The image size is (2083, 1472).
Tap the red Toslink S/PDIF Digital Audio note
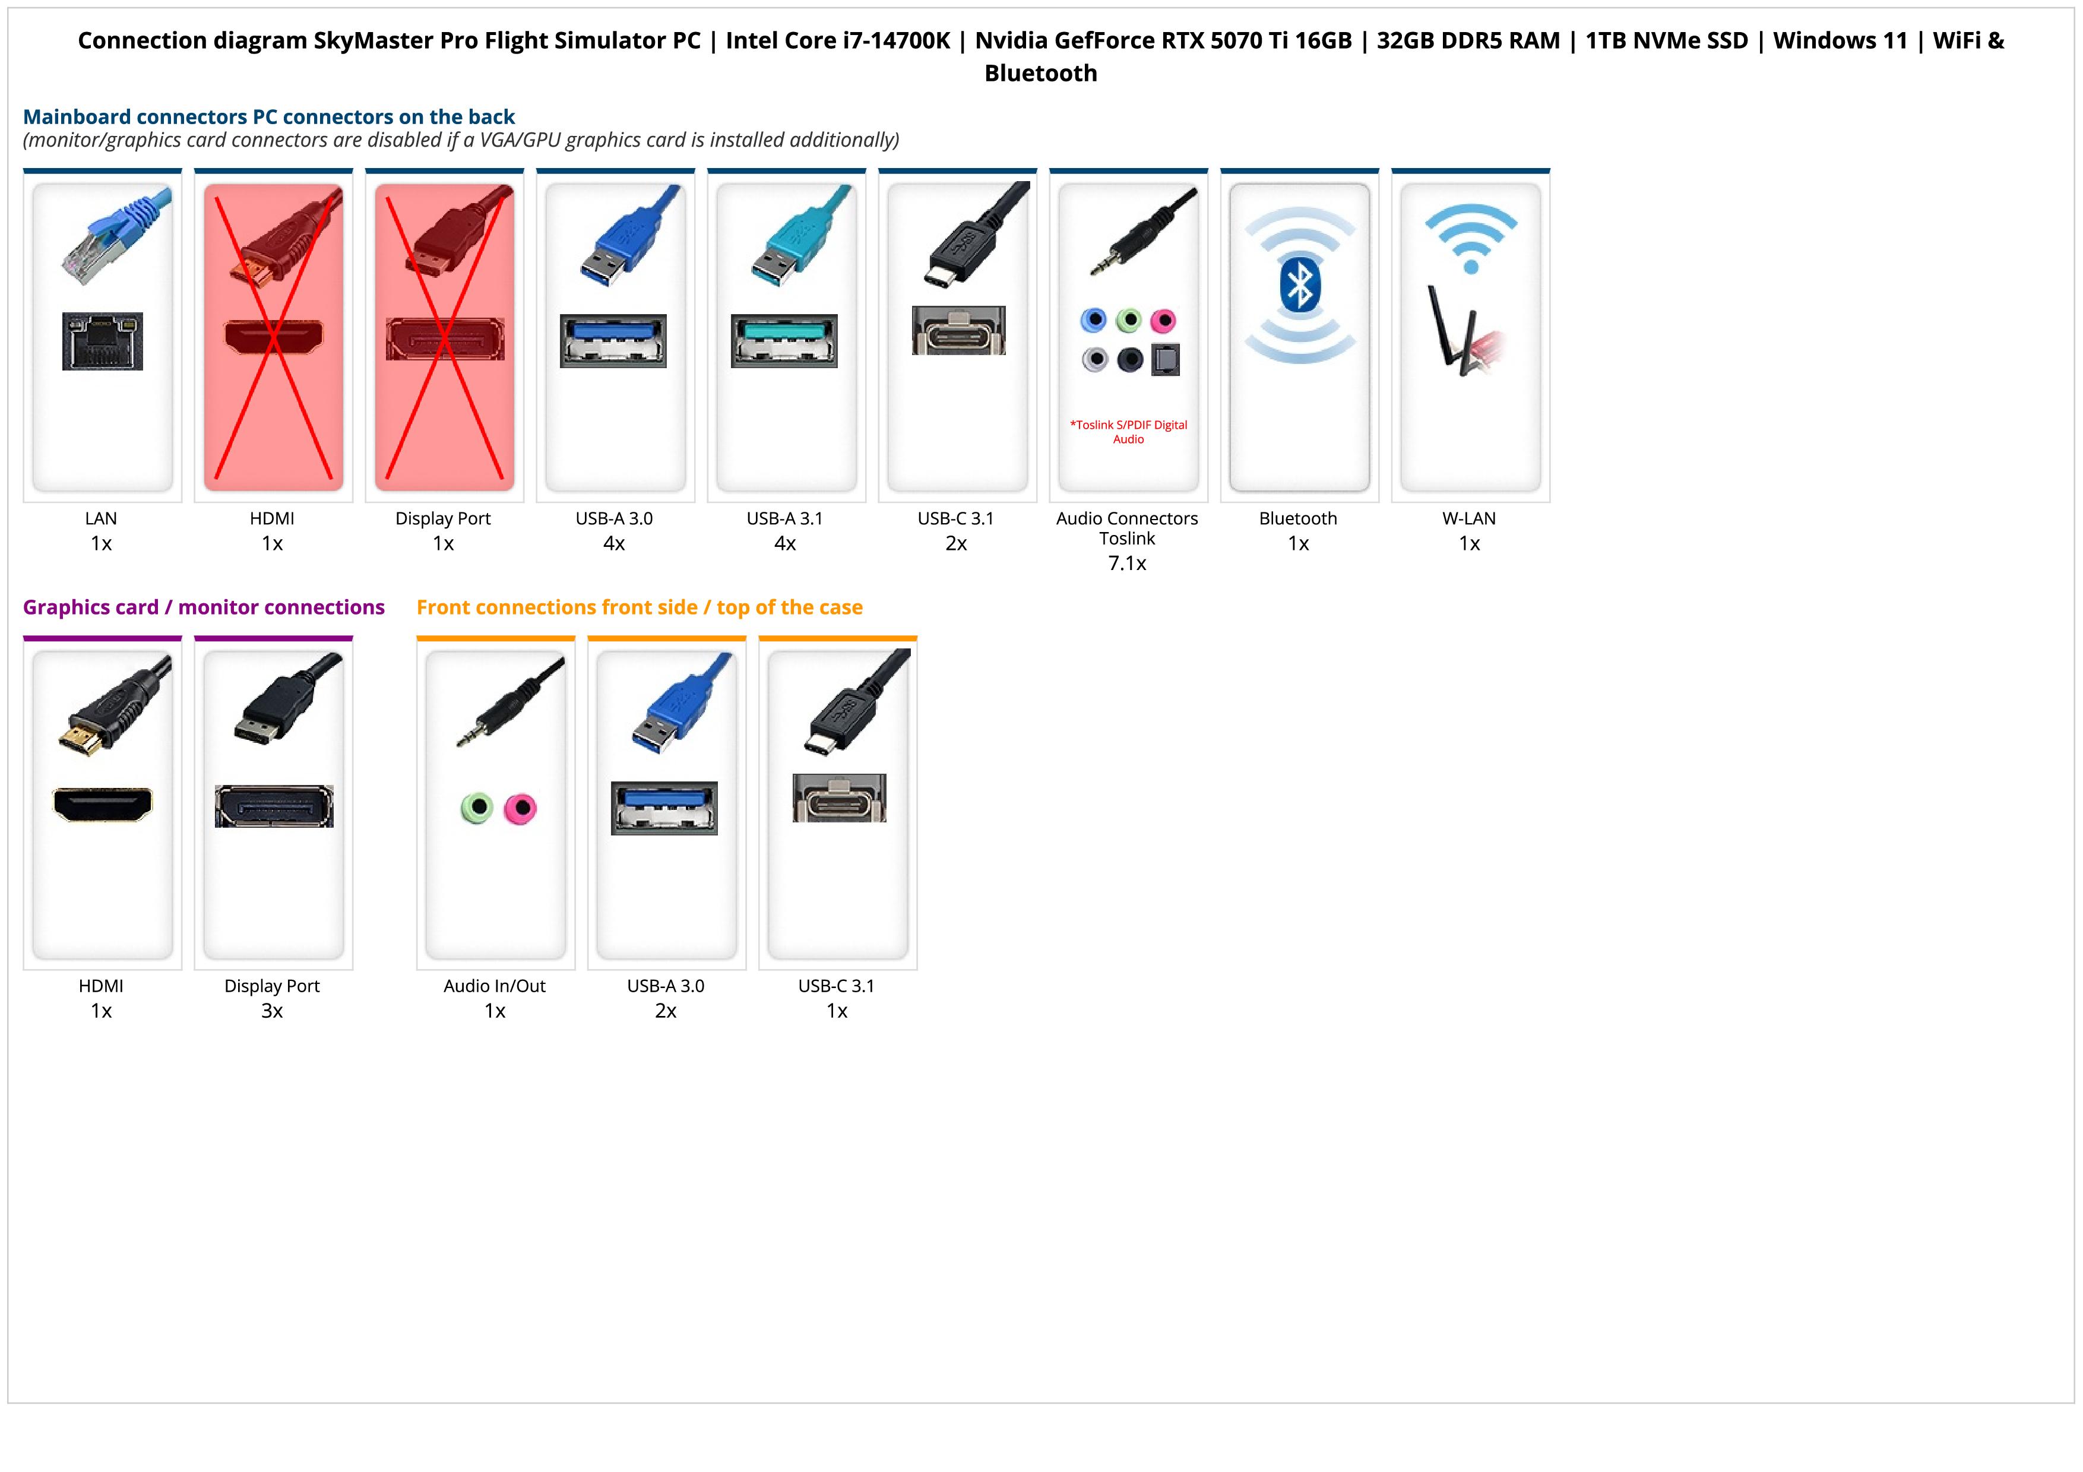pos(1128,432)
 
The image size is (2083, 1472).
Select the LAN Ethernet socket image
pos(103,341)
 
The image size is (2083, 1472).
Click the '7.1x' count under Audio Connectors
pos(1127,564)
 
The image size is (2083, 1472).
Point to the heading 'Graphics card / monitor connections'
pos(203,607)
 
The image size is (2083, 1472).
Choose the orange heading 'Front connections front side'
pos(639,607)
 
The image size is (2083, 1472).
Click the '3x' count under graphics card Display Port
pos(272,1011)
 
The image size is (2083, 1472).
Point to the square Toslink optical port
pos(1165,360)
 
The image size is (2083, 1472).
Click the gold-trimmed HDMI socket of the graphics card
pos(103,803)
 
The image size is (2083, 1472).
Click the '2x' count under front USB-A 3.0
pos(666,1011)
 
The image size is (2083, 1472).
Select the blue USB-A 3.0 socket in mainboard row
pos(613,340)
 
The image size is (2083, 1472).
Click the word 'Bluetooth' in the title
pos(1040,74)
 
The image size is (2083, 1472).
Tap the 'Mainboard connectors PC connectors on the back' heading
pos(268,117)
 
